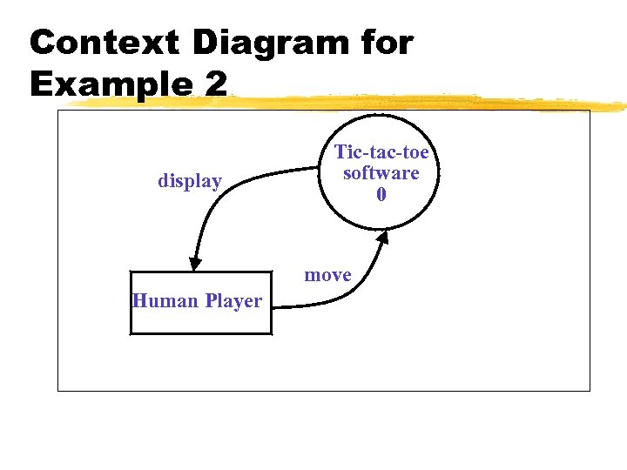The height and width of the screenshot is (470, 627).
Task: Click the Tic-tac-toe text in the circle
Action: click(381, 152)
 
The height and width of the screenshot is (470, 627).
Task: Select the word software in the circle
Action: click(381, 172)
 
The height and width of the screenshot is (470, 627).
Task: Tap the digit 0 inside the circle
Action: click(381, 194)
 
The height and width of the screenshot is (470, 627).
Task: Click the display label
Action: click(190, 181)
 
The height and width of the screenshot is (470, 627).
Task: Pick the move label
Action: click(327, 275)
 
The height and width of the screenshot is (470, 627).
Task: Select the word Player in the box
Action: click(233, 301)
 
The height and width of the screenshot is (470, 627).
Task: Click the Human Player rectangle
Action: click(200, 322)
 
